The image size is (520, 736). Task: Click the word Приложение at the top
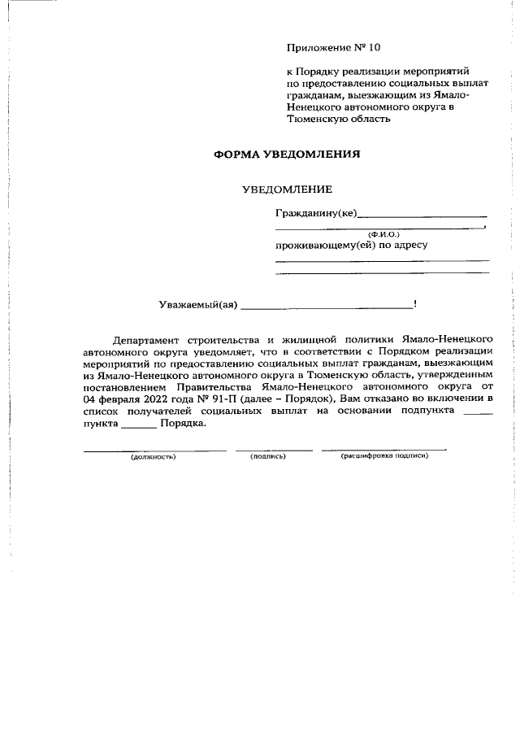315,47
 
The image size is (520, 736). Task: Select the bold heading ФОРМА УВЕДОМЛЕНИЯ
286,153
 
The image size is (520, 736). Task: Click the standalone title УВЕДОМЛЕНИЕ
287,189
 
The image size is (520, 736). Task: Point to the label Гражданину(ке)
316,215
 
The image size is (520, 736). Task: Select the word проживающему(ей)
323,244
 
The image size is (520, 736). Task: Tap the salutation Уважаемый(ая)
197,305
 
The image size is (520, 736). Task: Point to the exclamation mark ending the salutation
415,304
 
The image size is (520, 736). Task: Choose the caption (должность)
154,456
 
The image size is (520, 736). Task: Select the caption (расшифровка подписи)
384,455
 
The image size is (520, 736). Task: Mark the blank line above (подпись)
274,449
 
